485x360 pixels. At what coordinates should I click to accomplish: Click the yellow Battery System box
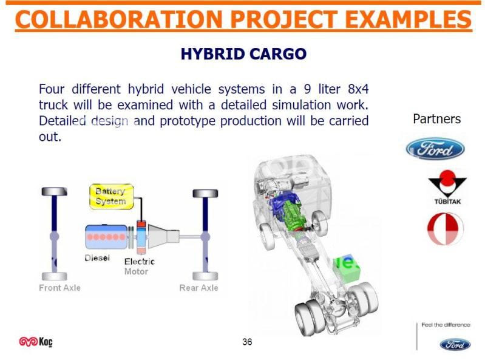112,197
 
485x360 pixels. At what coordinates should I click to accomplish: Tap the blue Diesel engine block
106,237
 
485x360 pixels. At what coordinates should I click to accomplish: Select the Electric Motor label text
139,267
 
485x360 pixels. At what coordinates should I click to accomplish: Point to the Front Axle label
59,288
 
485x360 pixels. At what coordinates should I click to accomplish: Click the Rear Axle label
198,288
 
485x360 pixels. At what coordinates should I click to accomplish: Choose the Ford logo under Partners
435,149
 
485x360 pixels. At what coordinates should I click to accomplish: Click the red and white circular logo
446,229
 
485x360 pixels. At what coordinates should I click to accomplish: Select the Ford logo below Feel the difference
455,344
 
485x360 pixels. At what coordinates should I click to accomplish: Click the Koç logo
36,342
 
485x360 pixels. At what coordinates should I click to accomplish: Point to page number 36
247,342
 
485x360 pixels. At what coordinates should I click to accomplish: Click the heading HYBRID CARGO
243,54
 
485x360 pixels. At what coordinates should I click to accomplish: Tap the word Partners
437,119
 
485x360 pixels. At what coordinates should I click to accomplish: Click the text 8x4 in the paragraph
358,89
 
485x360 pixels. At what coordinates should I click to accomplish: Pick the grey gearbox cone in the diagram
163,236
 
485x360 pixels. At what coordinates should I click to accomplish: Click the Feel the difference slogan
446,325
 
